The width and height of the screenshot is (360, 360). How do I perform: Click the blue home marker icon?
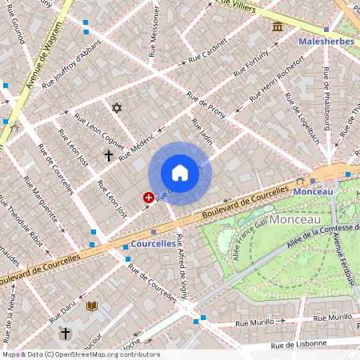[x=180, y=173]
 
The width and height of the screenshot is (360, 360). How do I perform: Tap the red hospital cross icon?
[x=148, y=196]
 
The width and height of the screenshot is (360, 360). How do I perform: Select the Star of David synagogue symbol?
[x=117, y=107]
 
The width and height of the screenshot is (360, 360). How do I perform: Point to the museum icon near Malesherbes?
[x=278, y=27]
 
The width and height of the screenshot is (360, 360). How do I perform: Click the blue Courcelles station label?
[x=153, y=243]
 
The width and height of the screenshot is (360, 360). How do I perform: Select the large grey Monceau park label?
[x=295, y=218]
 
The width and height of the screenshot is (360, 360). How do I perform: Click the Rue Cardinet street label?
[x=208, y=54]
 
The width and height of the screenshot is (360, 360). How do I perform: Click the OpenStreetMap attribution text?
[x=80, y=354]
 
